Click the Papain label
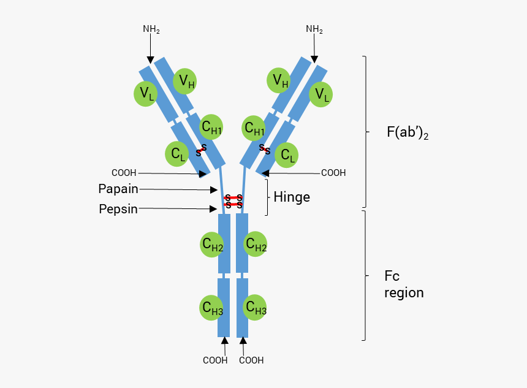118,188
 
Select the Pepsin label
118,209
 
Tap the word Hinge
292,197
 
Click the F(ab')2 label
407,132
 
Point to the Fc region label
403,284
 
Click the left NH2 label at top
151,29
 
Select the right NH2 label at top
314,29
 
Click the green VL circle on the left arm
146,94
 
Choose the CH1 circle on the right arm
254,128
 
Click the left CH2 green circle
213,245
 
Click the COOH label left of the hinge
124,173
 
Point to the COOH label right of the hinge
333,173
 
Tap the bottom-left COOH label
215,360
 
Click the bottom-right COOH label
251,360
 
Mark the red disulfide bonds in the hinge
233,201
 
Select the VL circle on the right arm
320,94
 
